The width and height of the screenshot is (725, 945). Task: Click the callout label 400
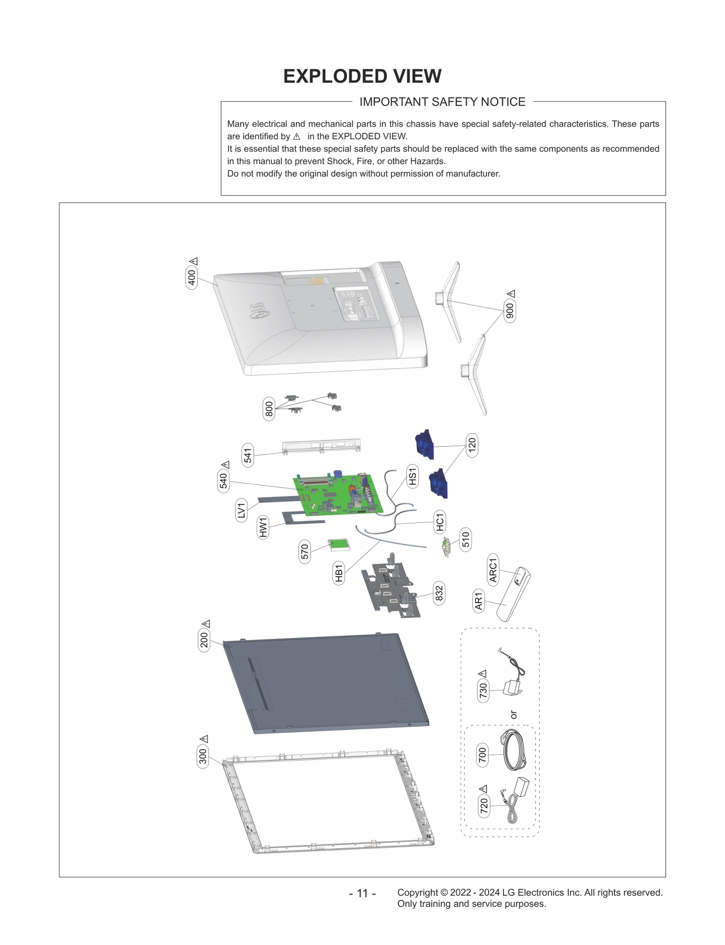[192, 277]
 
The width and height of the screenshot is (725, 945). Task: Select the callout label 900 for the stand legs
[510, 311]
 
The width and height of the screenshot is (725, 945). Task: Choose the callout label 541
[247, 455]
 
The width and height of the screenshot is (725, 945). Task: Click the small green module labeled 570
[339, 545]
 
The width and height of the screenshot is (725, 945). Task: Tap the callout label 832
[439, 593]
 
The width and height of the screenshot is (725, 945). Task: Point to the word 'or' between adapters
[513, 715]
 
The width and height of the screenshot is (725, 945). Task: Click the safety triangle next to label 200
[206, 624]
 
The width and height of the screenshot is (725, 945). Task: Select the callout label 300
[203, 756]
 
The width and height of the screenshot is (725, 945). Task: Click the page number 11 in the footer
[362, 893]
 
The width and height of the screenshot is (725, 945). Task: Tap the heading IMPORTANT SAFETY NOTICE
[442, 102]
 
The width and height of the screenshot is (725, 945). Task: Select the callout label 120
[472, 445]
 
